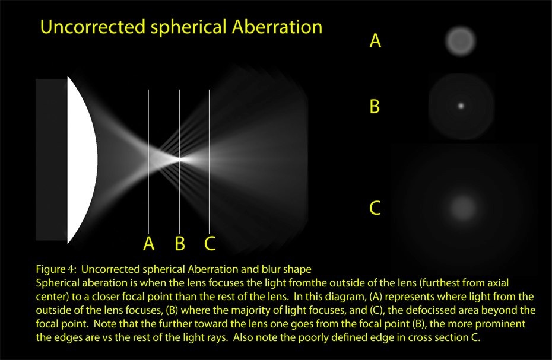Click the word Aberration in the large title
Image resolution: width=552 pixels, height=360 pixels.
point(277,27)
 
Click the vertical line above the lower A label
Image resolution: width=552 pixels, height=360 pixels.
point(148,161)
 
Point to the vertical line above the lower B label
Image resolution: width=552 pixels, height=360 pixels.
point(179,161)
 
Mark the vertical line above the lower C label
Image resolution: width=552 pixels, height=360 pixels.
point(210,161)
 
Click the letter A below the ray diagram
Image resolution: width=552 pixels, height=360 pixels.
point(149,244)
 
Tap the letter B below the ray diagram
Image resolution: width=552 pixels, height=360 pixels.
point(180,244)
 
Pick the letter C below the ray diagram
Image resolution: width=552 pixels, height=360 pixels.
point(210,244)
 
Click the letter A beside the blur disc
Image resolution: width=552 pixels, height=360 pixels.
point(375,40)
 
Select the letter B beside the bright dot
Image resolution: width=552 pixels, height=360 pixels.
point(375,106)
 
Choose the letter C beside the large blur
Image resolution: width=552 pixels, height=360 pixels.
point(375,208)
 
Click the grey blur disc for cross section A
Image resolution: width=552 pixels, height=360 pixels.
point(461,41)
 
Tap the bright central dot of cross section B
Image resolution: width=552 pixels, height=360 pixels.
point(461,106)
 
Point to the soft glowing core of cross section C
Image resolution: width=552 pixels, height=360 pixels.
point(462,207)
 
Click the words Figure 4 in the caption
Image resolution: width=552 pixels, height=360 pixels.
point(56,270)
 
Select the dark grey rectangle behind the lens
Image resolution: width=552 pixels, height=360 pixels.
point(52,160)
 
